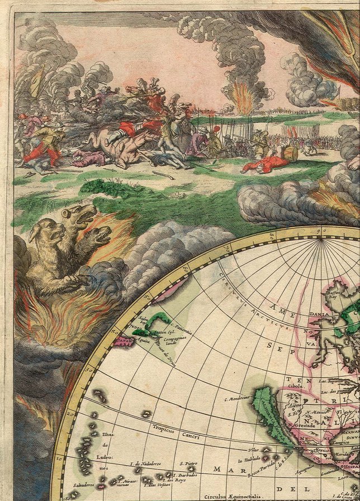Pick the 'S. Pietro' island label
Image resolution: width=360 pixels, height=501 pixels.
188,464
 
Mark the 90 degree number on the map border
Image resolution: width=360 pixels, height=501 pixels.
322,230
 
